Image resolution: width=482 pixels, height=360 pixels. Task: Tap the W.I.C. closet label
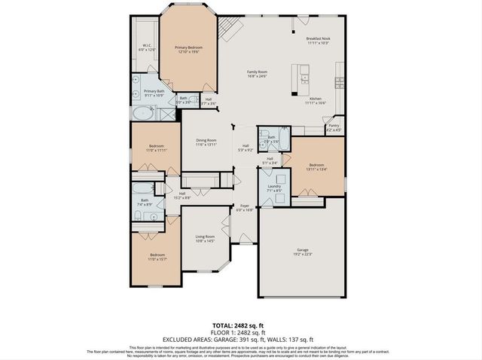[148, 47]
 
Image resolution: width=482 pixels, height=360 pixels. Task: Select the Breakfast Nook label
[319, 41]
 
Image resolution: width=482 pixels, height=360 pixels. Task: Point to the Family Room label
[258, 74]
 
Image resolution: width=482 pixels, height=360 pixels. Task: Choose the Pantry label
[334, 127]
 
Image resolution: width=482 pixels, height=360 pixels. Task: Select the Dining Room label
[206, 142]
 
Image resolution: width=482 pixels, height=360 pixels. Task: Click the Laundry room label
[273, 188]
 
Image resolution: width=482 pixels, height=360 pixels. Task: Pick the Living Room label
[206, 239]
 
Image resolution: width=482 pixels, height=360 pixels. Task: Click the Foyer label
[244, 207]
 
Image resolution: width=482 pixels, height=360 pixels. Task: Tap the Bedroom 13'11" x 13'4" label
[316, 166]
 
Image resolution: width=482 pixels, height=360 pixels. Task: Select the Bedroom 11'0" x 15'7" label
[157, 257]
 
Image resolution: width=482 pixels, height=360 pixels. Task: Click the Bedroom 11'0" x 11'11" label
[157, 148]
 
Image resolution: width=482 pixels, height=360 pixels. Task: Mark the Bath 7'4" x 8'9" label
[145, 203]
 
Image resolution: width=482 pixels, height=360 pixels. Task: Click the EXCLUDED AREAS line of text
[241, 338]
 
